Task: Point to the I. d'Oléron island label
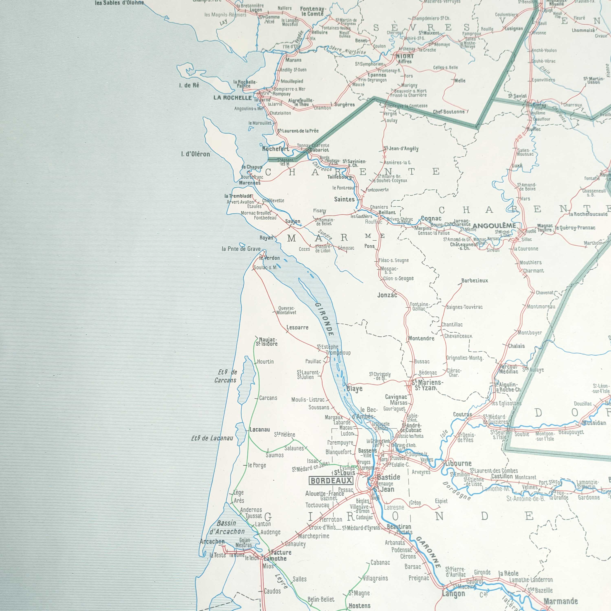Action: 196,154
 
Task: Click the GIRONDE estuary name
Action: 324,319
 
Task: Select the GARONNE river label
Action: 428,552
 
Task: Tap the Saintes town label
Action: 344,199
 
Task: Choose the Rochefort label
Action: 275,149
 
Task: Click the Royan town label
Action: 266,238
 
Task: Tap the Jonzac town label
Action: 387,295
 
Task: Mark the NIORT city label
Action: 405,56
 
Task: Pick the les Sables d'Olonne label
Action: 120,3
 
